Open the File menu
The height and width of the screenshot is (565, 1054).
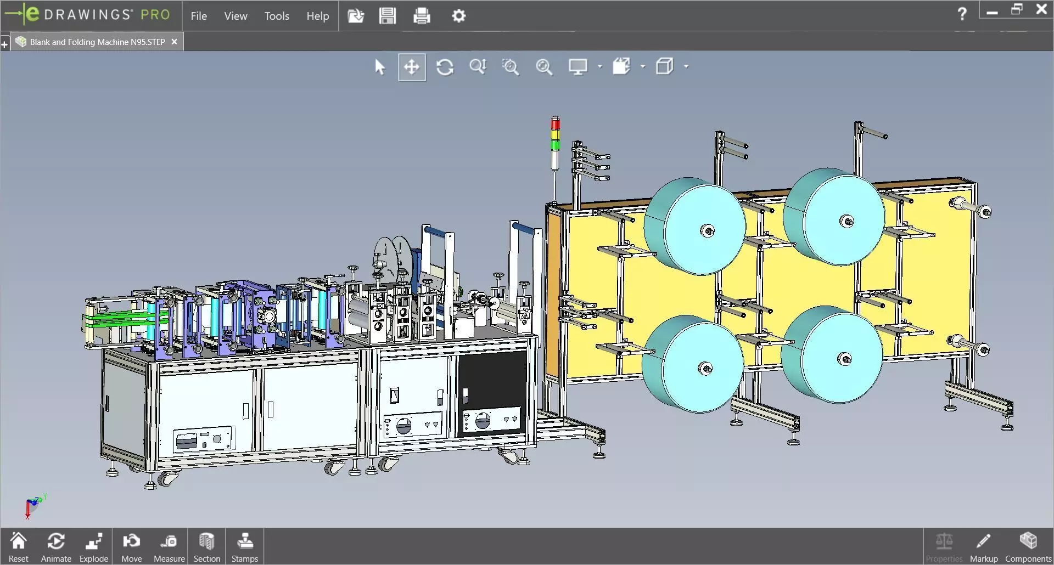coord(199,16)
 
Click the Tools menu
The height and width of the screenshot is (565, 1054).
coord(277,16)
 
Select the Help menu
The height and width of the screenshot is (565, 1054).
coord(317,16)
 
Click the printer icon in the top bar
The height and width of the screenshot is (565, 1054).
coord(422,16)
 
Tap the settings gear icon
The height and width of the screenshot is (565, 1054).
coord(458,16)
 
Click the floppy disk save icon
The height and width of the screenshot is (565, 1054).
coord(387,16)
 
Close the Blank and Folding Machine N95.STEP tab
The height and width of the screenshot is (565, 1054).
coord(174,42)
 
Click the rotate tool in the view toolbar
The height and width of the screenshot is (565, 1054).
coord(445,67)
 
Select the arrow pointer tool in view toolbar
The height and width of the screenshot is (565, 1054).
coord(379,67)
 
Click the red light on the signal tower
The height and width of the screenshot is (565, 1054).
coord(556,124)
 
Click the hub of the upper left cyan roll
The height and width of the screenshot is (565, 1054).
coord(707,231)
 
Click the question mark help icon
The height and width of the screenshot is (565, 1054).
coord(962,14)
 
